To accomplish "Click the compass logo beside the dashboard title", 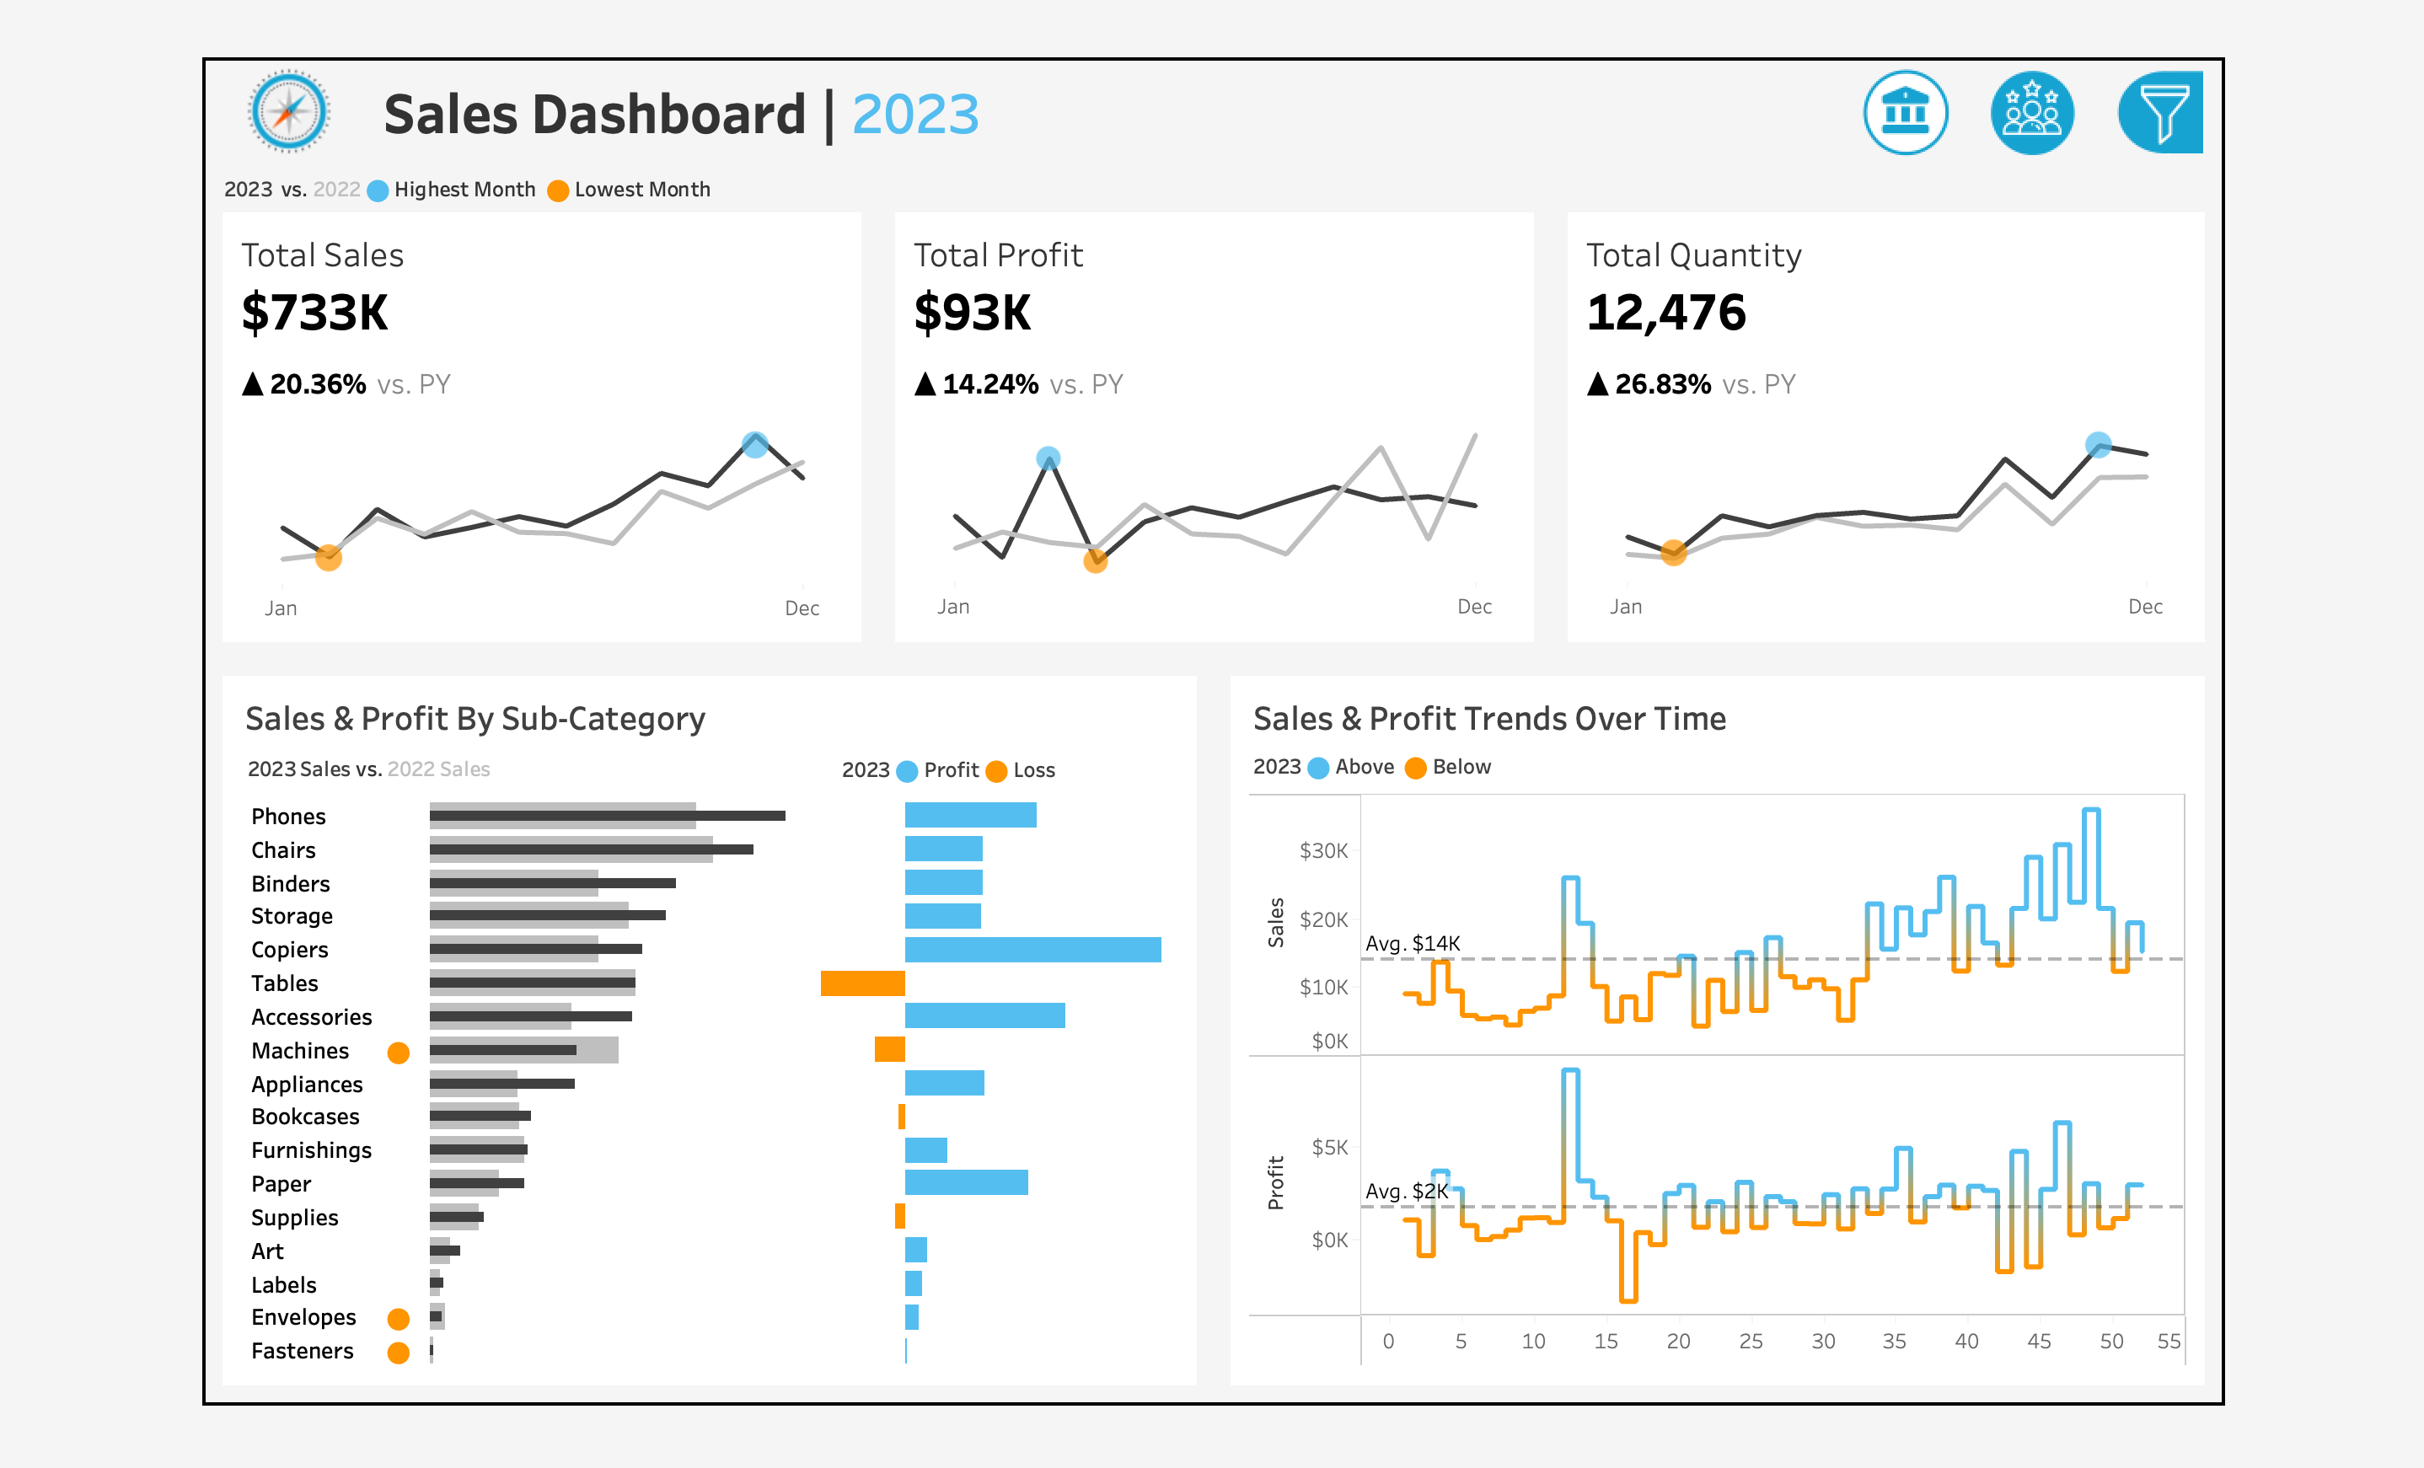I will tap(288, 111).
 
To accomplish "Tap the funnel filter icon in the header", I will tap(2161, 112).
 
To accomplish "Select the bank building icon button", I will tap(1905, 112).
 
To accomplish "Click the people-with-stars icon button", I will tap(2031, 112).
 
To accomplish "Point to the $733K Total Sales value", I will tap(315, 313).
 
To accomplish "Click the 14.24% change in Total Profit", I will tap(989, 385).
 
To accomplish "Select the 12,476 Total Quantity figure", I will tap(1665, 313).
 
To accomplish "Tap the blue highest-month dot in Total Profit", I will tap(1048, 458).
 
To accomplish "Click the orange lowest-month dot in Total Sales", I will tap(329, 558).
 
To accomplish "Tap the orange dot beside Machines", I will tap(399, 1053).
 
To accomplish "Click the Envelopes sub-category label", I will tap(303, 1317).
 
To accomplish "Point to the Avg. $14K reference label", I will tap(1412, 943).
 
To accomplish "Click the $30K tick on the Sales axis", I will tap(1323, 850).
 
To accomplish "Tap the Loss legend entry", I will tap(1033, 770).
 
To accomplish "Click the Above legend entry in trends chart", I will tap(1364, 767).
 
